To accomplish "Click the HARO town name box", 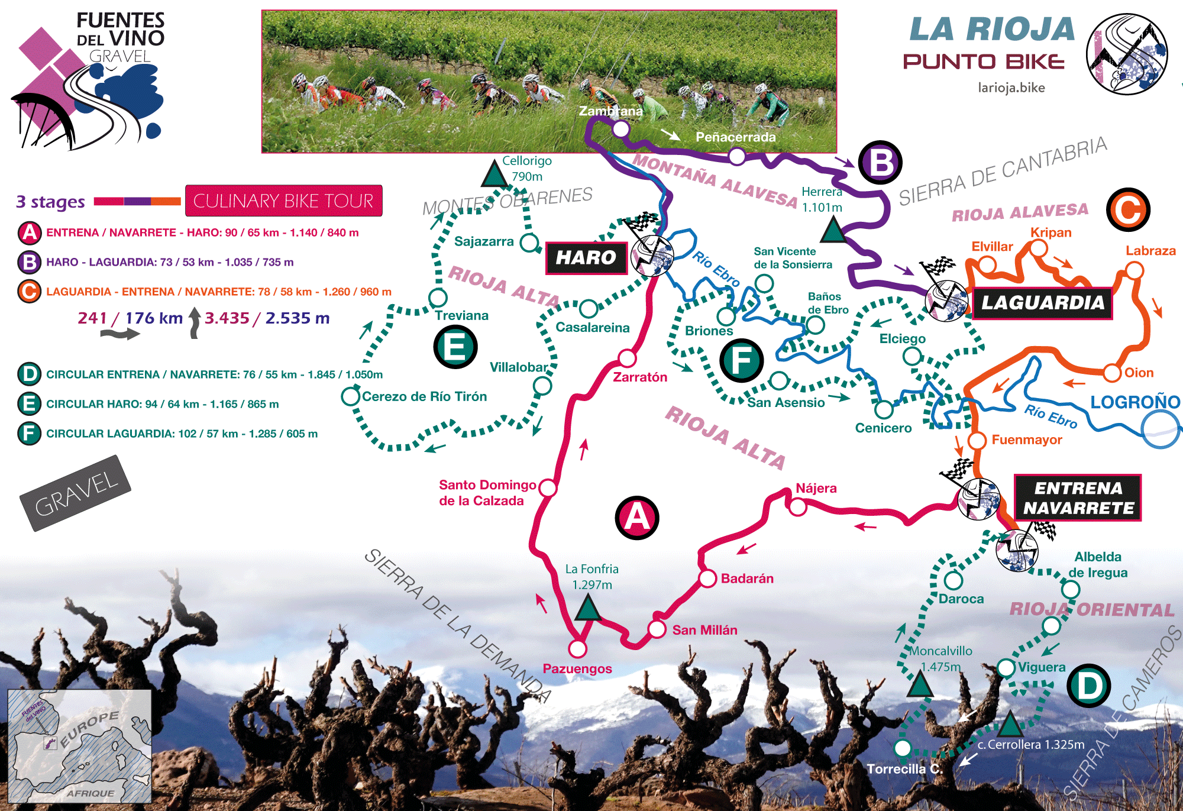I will coord(586,258).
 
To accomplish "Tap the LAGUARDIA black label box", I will coord(1042,303).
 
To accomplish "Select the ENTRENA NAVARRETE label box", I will coord(1078,497).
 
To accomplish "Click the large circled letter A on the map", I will coord(636,518).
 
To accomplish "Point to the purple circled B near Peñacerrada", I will coord(880,163).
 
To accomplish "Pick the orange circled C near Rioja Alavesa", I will coord(1128,210).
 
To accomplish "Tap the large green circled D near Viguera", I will coord(1089,686).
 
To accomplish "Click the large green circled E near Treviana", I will coord(455,347).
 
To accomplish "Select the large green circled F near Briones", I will coord(741,360).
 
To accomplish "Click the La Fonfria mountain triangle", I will coord(588,608).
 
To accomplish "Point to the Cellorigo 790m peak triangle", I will coord(494,174).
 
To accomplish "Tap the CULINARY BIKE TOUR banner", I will coord(283,201).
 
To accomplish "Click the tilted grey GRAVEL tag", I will coord(76,493).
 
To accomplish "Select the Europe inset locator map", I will coord(80,746).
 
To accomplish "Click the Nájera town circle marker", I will coord(798,507).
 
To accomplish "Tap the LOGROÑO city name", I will coord(1134,402).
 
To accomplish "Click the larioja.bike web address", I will coord(1011,88).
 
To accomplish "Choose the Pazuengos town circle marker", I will coord(577,649).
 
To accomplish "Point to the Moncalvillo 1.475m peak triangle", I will coord(920,685).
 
